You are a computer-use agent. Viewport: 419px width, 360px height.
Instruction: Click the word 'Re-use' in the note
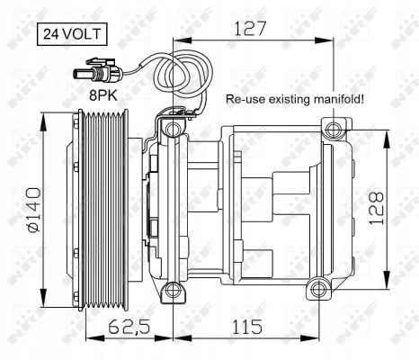point(244,100)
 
